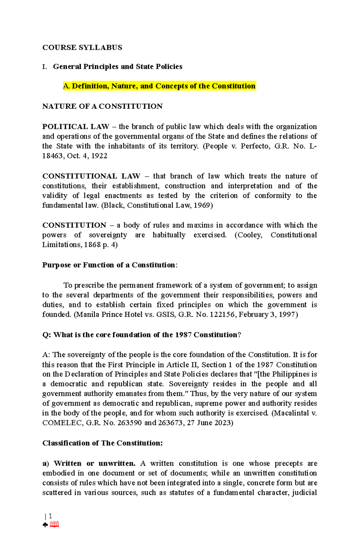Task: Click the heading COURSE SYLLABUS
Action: [82, 48]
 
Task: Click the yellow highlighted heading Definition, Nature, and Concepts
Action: [159, 86]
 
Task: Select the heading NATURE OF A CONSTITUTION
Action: [102, 106]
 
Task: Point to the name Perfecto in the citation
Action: [255, 146]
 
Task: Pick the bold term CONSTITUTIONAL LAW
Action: [91, 176]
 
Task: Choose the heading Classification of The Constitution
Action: [102, 443]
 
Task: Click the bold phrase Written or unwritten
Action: [94, 463]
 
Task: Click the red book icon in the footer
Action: [54, 525]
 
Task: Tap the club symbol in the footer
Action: [45, 525]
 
